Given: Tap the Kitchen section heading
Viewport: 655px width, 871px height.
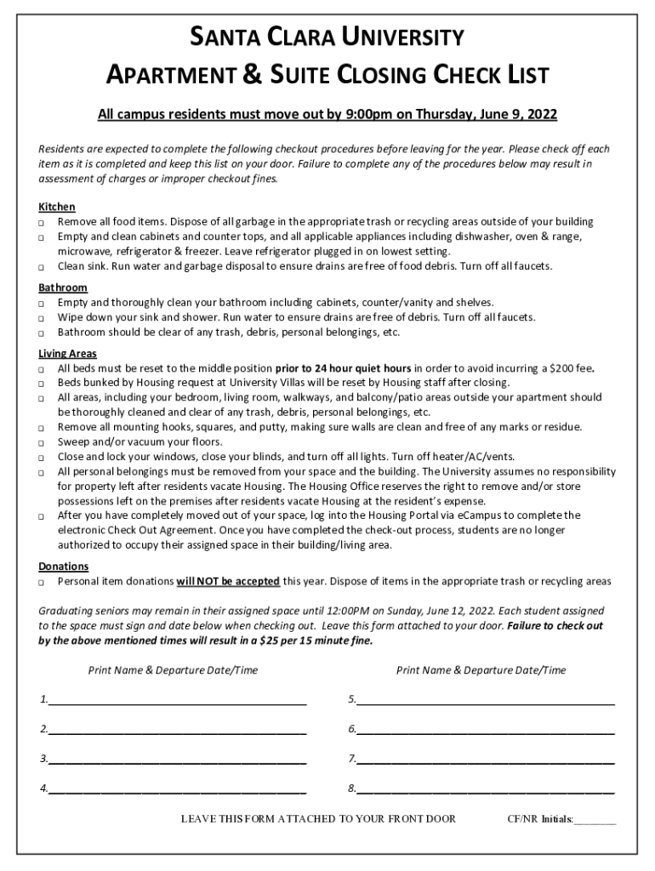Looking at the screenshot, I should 57,207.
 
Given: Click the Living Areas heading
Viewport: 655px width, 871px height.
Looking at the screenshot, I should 68,354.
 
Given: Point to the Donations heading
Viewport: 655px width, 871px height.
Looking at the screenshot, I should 64,566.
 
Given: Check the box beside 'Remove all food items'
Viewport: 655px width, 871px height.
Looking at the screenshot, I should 41,223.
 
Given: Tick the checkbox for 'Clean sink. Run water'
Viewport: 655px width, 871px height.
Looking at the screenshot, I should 41,267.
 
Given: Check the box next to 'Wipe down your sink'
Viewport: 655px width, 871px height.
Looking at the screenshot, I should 41,318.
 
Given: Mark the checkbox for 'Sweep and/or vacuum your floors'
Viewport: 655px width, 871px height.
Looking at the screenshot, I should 41,443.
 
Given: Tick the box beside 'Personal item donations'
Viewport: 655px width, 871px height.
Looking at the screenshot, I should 41,583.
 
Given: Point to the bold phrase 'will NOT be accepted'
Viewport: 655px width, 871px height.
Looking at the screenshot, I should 228,582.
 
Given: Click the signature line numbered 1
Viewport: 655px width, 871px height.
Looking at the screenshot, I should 177,704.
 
